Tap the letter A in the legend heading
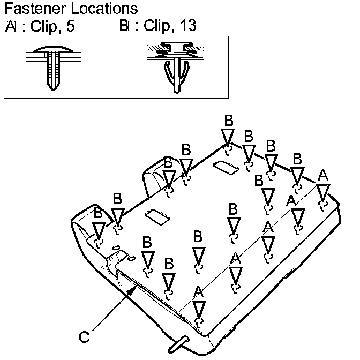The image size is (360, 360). pyautogui.click(x=11, y=26)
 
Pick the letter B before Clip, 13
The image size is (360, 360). pyautogui.click(x=125, y=26)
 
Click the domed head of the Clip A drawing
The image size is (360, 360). pyautogui.click(x=53, y=52)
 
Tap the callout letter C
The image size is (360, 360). pyautogui.click(x=84, y=337)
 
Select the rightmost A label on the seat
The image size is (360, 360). pyautogui.click(x=322, y=175)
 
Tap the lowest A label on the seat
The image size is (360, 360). pyautogui.click(x=199, y=292)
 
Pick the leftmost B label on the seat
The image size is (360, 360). pyautogui.click(x=98, y=212)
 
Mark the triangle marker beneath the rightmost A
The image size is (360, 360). pyautogui.click(x=322, y=192)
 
